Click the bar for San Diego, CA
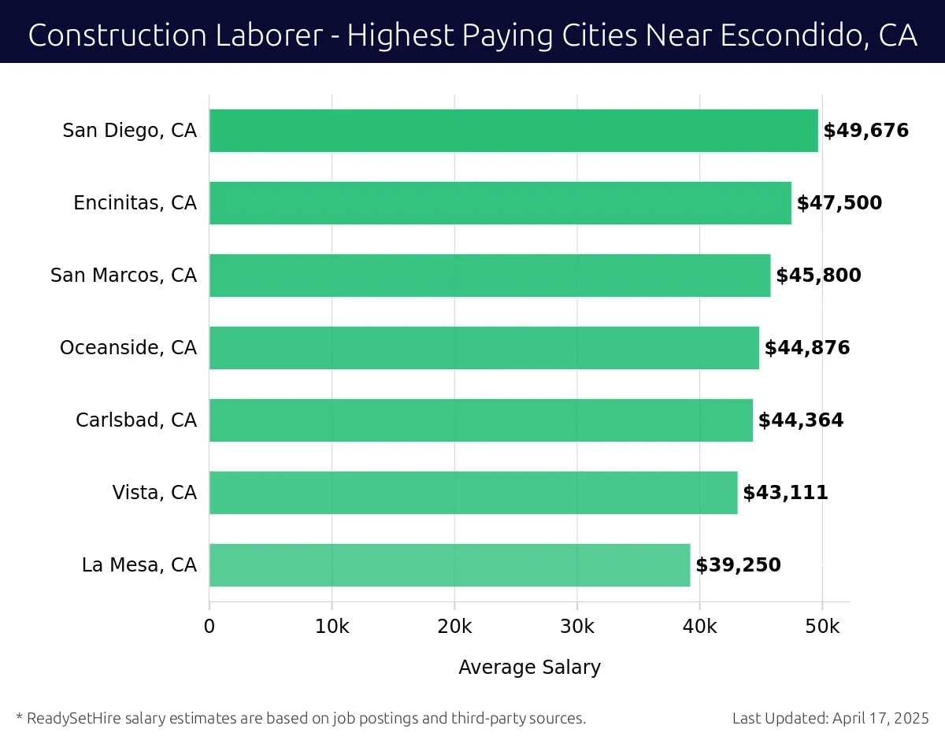coord(513,131)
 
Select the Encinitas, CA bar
coord(500,203)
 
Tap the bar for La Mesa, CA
coord(450,565)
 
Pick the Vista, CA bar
coord(473,493)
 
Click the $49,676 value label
coord(865,131)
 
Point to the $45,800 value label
coord(818,276)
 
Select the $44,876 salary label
coord(807,348)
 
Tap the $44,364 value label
coord(800,420)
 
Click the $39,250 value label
coord(738,565)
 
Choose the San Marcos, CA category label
coord(124,276)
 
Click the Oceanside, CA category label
coord(128,348)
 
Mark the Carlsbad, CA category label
coord(136,420)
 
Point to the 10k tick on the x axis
coord(332,627)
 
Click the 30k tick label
coord(576,627)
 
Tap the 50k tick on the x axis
coord(822,627)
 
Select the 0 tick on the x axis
coord(209,627)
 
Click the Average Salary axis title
coord(529,668)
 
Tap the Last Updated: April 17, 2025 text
coord(830,718)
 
